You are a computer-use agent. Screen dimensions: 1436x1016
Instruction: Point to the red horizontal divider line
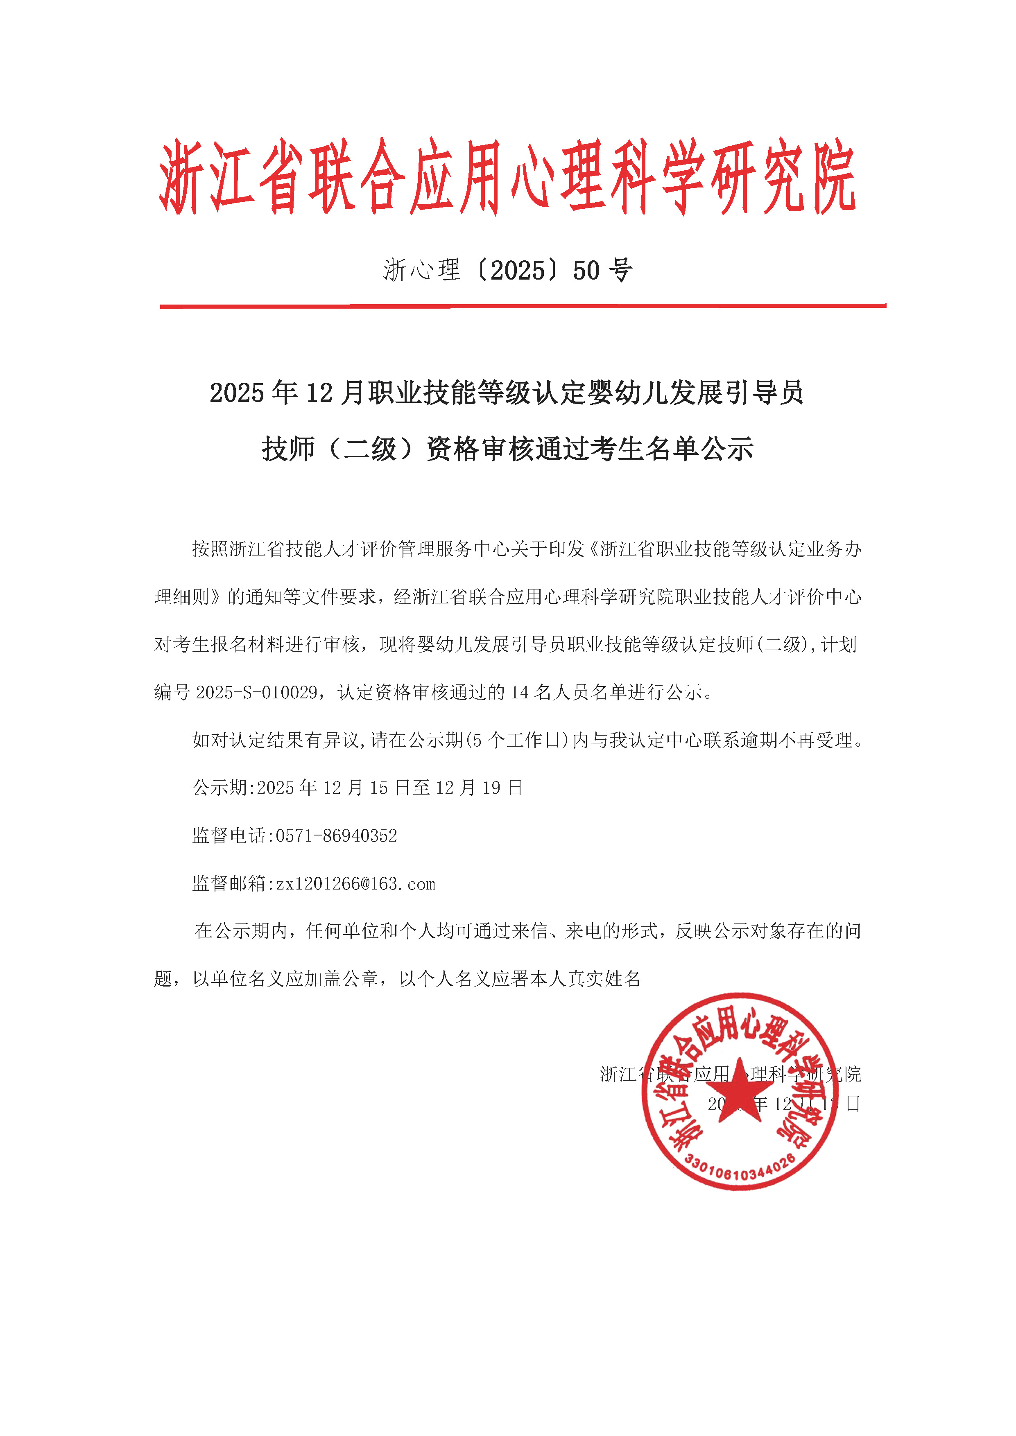point(523,306)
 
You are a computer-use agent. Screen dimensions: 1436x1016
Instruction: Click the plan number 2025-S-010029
point(256,692)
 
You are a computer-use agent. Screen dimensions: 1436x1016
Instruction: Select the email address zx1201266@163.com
point(355,884)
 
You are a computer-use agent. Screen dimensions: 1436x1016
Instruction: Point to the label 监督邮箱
point(229,884)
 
